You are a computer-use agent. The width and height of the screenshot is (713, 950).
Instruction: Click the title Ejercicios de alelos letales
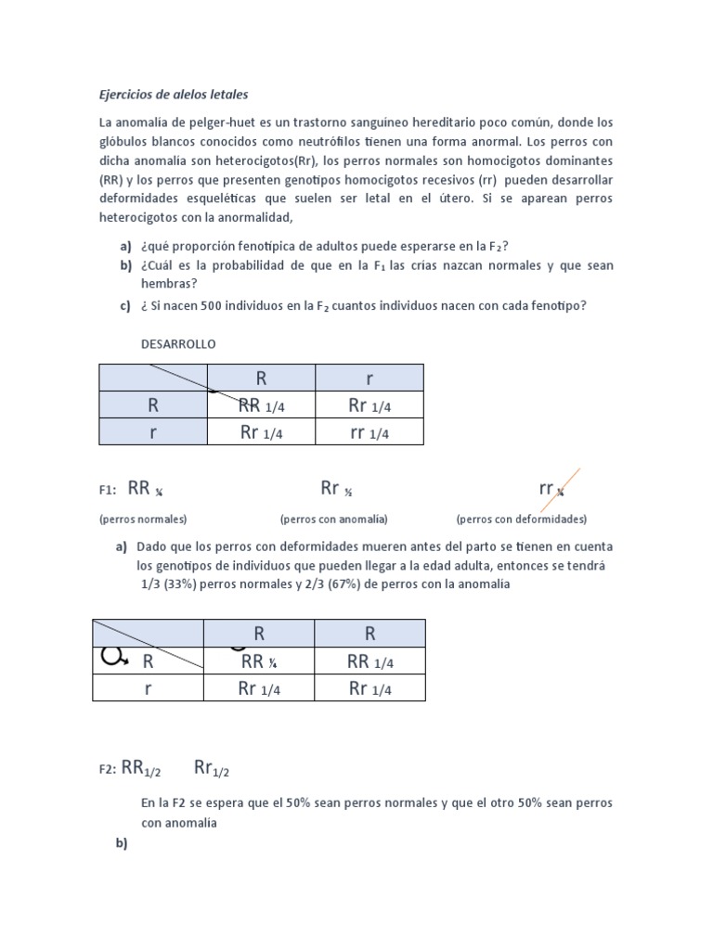pos(174,95)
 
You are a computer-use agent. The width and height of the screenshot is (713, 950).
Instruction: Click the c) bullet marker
pos(125,307)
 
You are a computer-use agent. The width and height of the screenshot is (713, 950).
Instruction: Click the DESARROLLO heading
pos(178,344)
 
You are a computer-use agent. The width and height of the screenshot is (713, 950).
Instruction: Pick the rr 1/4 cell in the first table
pos(369,431)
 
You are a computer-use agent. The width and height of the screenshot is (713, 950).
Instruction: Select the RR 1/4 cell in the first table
pos(260,404)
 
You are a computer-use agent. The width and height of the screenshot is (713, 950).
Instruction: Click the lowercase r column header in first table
pos(369,378)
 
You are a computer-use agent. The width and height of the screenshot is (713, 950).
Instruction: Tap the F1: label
pos(107,491)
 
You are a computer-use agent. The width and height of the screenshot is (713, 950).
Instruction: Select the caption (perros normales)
pos(143,519)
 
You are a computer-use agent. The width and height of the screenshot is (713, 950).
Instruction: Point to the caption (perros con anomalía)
pos(333,519)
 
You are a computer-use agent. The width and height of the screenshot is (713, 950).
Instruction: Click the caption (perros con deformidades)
pos(521,519)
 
